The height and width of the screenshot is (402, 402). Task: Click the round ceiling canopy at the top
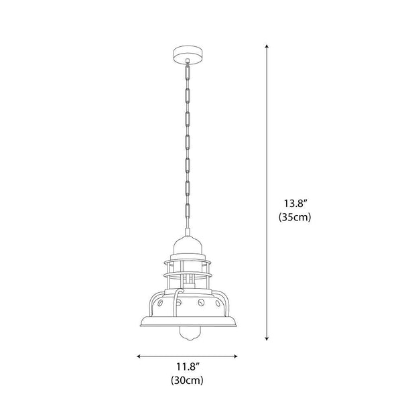[188, 54]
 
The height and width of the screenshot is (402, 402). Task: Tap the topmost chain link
[188, 73]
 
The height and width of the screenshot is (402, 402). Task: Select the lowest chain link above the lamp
[188, 211]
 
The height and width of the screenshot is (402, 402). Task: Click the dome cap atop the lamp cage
[188, 245]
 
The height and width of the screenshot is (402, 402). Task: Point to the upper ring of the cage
[188, 262]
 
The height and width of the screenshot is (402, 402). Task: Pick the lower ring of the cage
[188, 275]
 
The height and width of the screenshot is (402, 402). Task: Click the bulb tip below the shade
[188, 334]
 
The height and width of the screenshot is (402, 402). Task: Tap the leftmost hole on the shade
[160, 303]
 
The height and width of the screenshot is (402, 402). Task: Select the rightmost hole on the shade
[218, 304]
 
